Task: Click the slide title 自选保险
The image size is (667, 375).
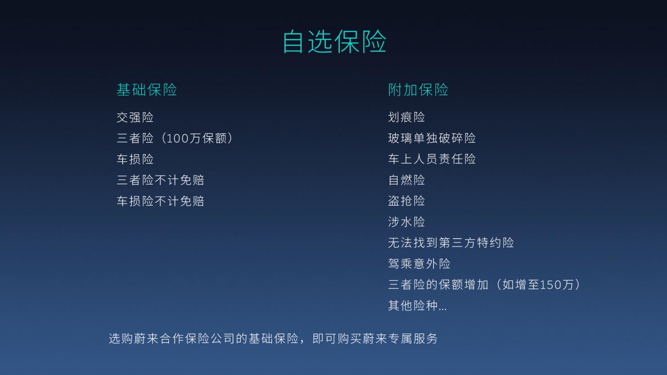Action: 334,42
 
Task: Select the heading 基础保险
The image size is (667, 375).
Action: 147,89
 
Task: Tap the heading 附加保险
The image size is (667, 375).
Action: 418,89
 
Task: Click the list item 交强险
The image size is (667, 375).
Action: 135,117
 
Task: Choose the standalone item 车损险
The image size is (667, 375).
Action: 135,159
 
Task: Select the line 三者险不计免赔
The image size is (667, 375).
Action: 160,180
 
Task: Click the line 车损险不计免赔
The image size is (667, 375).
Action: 160,201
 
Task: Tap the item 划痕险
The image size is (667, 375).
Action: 406,117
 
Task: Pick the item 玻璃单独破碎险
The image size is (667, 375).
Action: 432,138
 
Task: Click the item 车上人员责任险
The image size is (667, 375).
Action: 432,159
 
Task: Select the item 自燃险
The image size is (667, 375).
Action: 406,180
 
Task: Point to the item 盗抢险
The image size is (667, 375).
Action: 406,201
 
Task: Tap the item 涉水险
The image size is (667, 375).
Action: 406,222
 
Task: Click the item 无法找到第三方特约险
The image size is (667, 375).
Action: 451,243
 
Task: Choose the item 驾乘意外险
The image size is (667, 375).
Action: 419,264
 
